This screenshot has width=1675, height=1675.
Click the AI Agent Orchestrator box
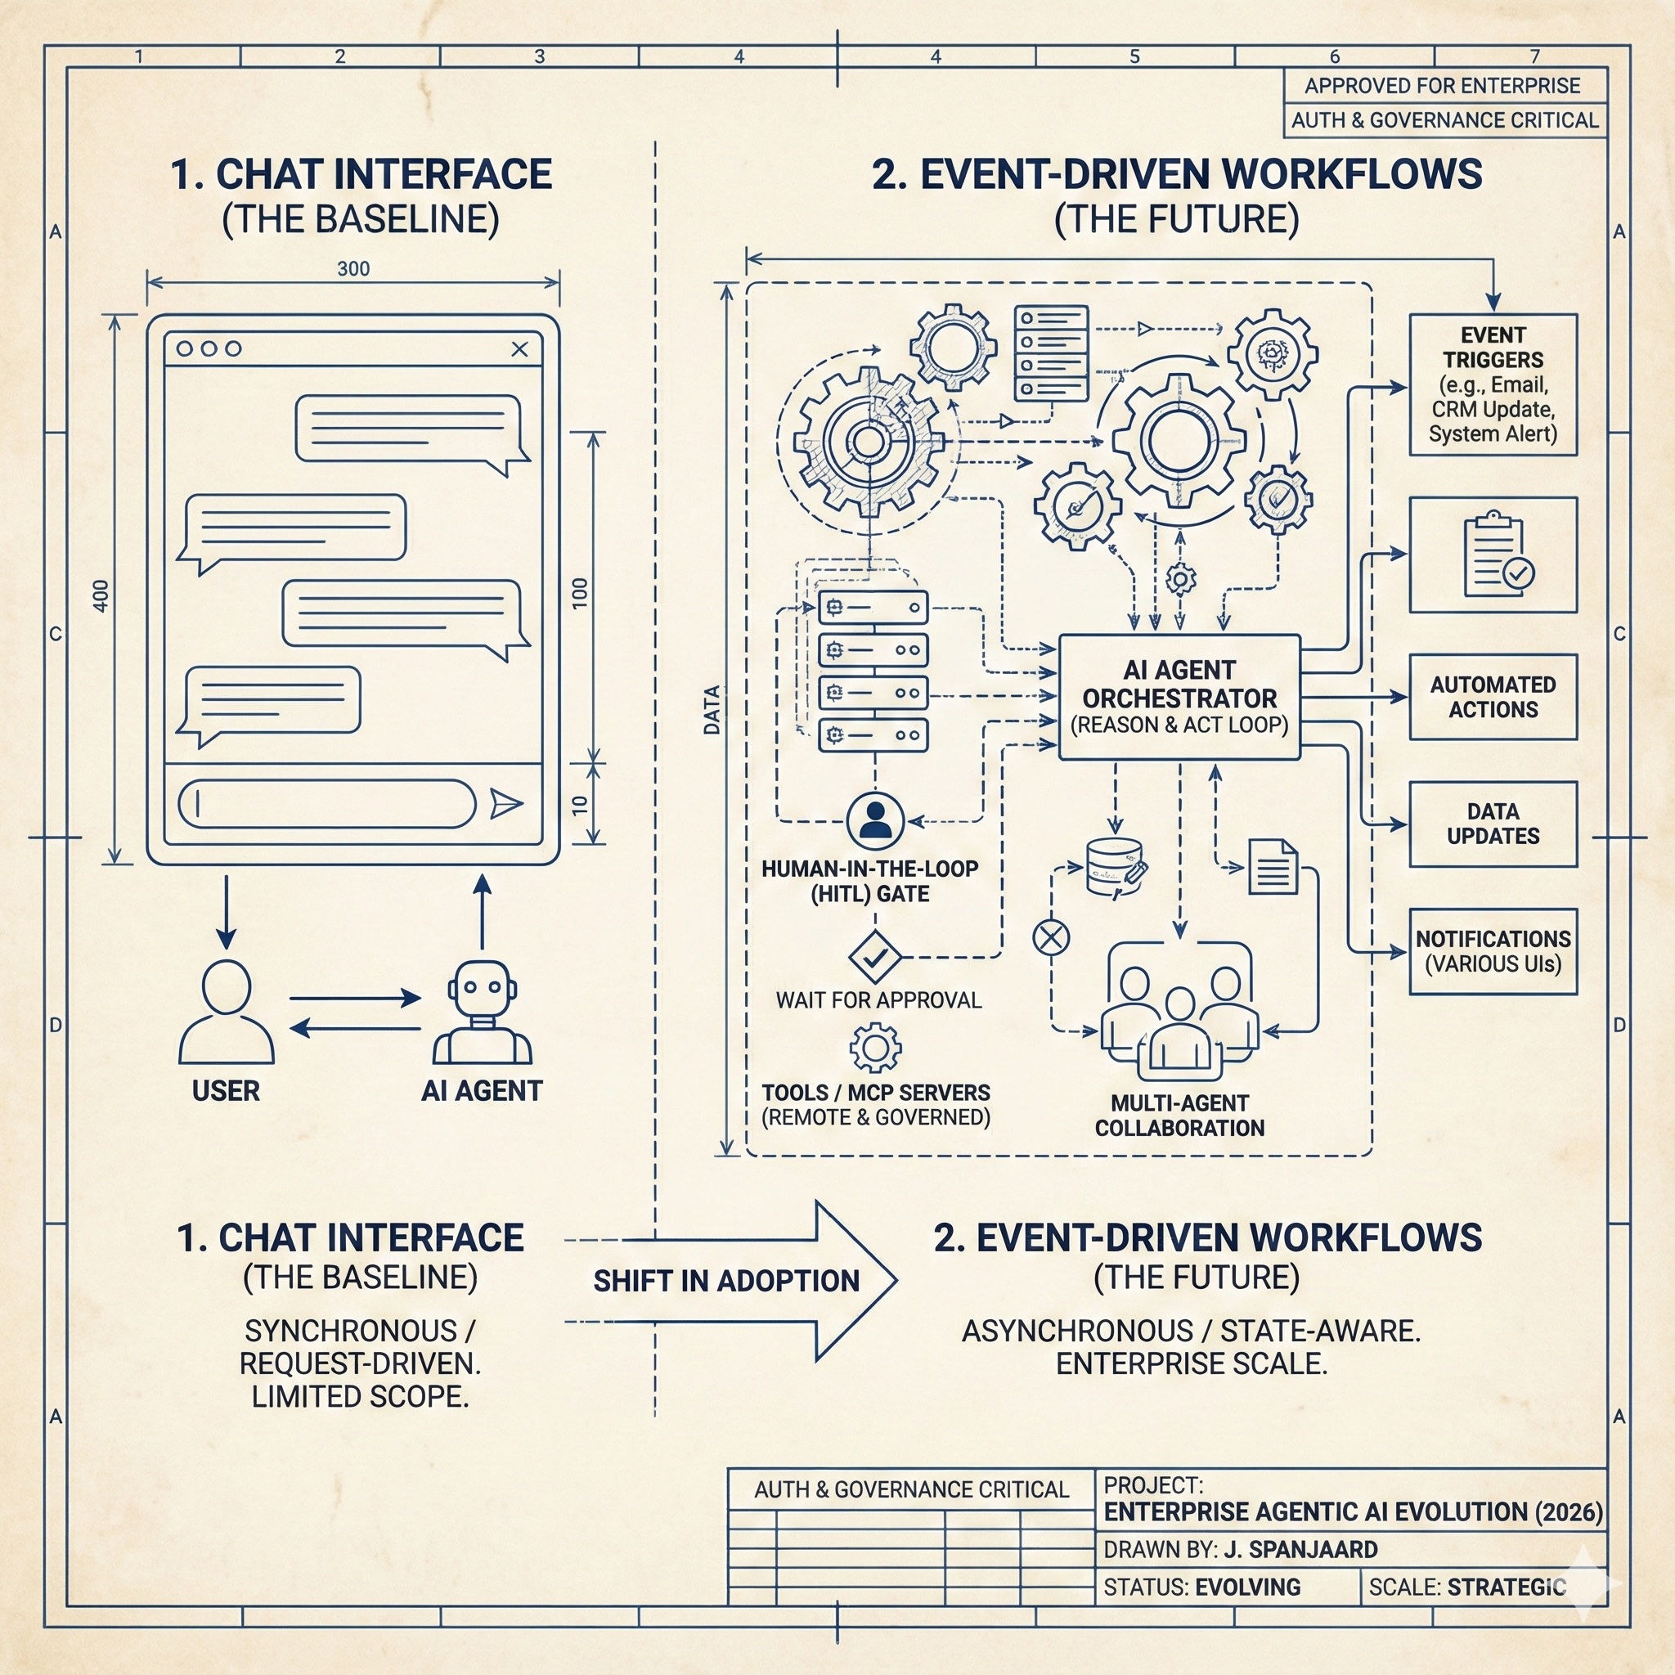coord(1179,697)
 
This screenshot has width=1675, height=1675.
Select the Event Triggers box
coord(1492,384)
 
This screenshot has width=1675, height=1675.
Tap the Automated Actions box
coord(1492,697)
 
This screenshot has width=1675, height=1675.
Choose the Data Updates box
coord(1492,824)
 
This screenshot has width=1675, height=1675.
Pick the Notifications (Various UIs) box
coord(1492,951)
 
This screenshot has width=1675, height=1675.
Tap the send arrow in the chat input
coord(505,804)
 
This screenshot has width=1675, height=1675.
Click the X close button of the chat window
coord(519,348)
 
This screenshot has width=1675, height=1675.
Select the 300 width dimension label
coord(353,269)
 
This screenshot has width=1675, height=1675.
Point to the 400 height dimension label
coord(101,596)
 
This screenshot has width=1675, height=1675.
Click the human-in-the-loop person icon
coord(875,820)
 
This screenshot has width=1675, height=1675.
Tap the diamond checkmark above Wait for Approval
coord(875,957)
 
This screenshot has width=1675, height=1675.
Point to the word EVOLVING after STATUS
coord(1247,1587)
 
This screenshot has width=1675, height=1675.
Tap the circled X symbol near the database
coord(1051,937)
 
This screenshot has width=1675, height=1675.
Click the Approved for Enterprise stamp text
coord(1442,86)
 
